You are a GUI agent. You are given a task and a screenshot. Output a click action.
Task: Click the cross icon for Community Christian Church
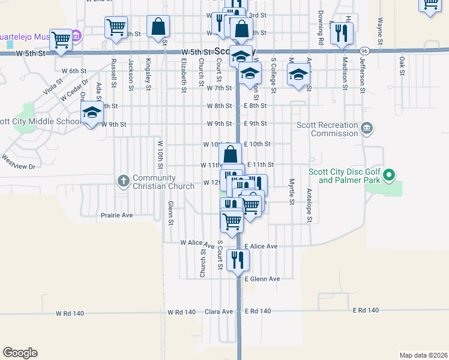123,181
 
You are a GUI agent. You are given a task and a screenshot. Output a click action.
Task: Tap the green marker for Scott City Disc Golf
388,176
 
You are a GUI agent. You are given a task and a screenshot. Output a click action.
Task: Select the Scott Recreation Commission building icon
367,128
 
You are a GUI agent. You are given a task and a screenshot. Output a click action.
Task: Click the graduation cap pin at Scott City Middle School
92,113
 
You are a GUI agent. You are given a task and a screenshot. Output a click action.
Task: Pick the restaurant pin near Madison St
342,33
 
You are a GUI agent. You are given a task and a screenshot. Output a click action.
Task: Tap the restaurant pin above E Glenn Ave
238,260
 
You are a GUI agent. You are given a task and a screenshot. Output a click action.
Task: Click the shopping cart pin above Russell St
116,27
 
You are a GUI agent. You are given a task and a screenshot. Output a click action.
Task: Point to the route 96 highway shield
364,51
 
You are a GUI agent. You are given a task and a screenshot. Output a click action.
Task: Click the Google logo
20,353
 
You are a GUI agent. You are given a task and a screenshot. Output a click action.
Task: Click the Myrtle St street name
292,191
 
